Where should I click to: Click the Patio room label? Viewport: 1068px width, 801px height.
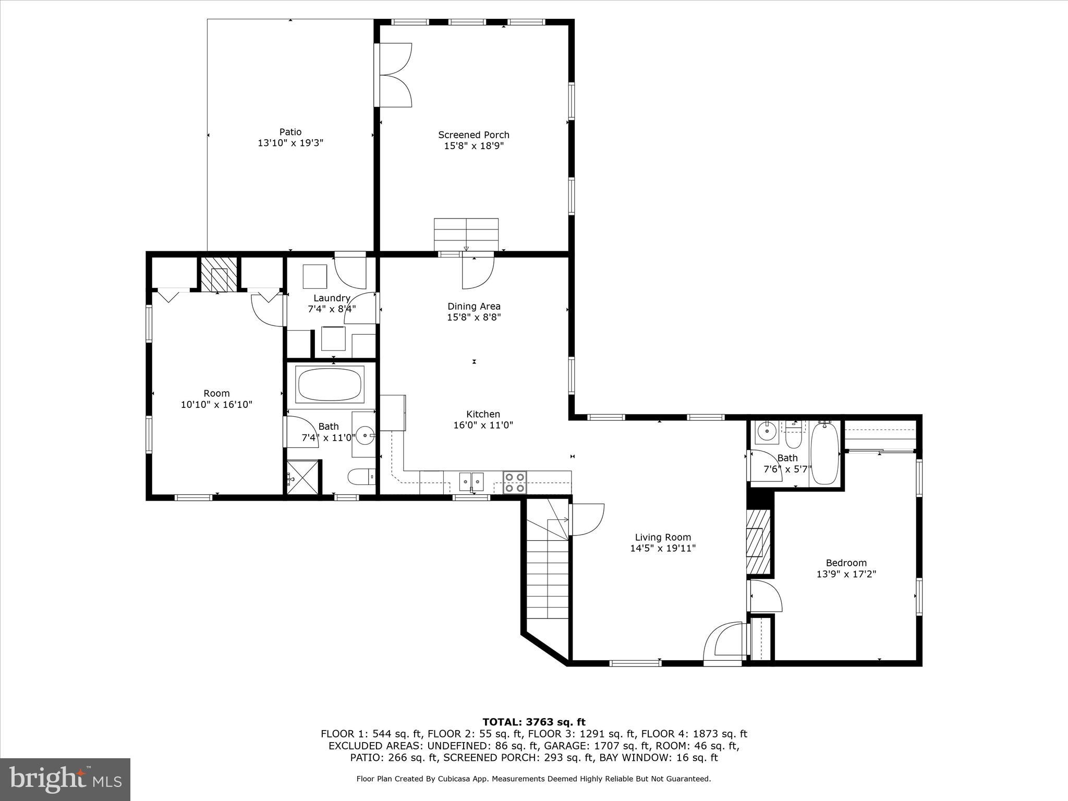(290, 132)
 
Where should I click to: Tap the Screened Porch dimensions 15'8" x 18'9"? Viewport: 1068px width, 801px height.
(474, 146)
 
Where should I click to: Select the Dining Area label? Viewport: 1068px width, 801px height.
(474, 306)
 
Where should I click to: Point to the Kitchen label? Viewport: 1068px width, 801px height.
(483, 414)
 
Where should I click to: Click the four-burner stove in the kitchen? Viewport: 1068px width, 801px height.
(515, 482)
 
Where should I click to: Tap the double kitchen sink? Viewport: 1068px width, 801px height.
(471, 481)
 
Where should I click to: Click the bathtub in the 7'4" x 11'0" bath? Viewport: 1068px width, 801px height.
(330, 385)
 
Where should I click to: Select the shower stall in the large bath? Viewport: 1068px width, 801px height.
(302, 477)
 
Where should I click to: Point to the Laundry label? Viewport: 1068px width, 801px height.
(332, 298)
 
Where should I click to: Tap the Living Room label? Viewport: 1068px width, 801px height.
(663, 537)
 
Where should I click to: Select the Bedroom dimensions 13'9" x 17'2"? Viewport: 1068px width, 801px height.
(846, 574)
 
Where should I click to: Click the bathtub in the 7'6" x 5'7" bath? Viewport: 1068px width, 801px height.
(824, 453)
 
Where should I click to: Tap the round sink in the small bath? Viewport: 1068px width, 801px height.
(767, 431)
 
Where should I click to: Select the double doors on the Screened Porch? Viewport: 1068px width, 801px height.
(394, 75)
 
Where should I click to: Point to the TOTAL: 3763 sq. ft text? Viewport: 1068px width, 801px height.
(533, 722)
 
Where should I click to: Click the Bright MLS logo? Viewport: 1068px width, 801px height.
(65, 779)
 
